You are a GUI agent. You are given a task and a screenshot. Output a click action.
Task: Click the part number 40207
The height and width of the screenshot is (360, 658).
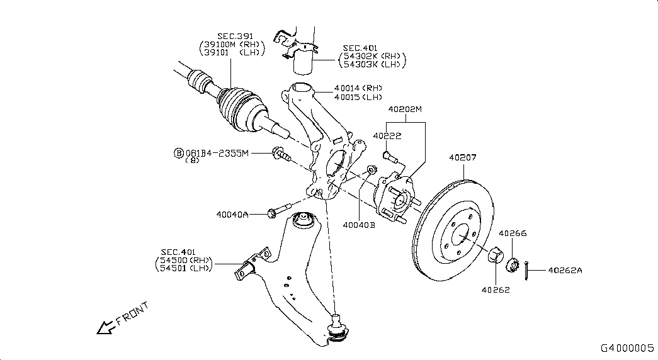pyautogui.click(x=462, y=157)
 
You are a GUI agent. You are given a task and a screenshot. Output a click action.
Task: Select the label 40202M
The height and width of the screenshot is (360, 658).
pyautogui.click(x=404, y=109)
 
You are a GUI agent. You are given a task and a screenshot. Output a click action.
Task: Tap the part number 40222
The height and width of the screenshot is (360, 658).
pyautogui.click(x=387, y=135)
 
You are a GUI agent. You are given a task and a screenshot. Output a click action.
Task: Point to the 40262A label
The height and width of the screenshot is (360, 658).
pyautogui.click(x=565, y=271)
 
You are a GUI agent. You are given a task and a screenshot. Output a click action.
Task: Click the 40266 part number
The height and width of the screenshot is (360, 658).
pyautogui.click(x=513, y=233)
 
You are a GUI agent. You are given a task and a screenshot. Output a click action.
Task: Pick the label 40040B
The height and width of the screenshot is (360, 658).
pyautogui.click(x=359, y=224)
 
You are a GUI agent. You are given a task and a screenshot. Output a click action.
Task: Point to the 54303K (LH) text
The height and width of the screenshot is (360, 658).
pyautogui.click(x=372, y=64)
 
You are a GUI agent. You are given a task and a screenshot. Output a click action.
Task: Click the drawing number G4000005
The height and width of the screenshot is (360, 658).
pyautogui.click(x=627, y=347)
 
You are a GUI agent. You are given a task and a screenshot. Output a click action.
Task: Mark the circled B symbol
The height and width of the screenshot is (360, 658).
pyautogui.click(x=179, y=153)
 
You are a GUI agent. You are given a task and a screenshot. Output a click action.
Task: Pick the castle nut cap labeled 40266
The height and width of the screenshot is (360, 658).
pyautogui.click(x=513, y=265)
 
